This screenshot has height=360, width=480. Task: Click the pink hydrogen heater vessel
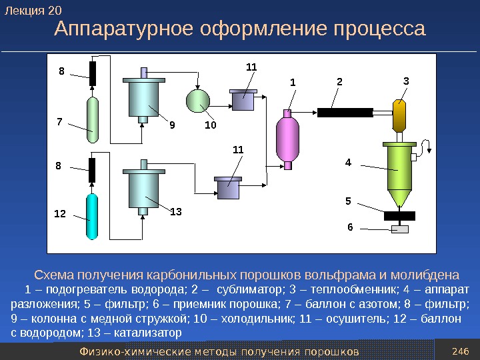289,138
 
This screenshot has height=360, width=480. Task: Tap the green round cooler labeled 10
199,100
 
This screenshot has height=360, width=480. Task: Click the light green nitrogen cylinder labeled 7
93,119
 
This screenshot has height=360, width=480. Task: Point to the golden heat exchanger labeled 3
399,117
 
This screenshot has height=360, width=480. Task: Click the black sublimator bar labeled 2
345,111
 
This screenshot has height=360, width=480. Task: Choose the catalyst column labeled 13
143,189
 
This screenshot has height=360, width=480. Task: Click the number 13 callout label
175,211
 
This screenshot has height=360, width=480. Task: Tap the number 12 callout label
60,215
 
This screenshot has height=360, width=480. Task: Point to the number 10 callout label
211,124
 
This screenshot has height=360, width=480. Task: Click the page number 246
459,351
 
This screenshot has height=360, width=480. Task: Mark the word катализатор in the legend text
151,331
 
